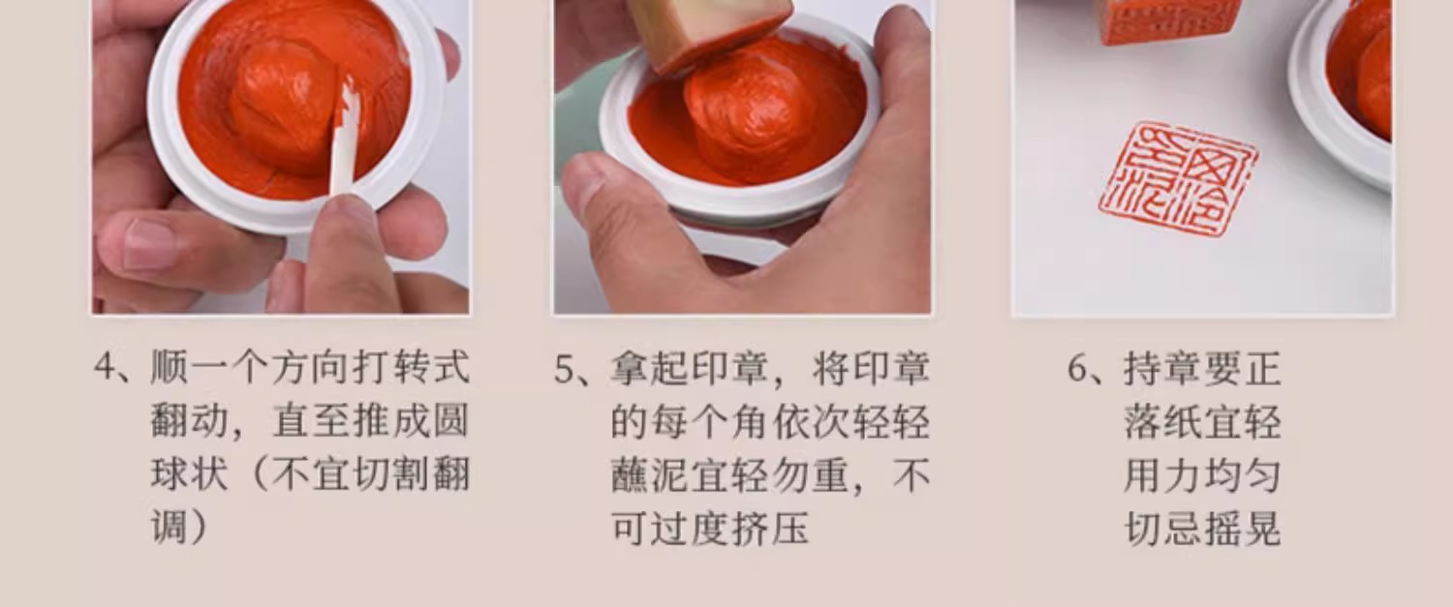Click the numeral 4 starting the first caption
(105, 367)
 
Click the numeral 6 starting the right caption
(1077, 368)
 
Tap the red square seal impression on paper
(1177, 178)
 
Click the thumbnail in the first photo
(148, 241)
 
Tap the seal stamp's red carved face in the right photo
(1166, 19)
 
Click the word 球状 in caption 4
(189, 474)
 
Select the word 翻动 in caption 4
(189, 421)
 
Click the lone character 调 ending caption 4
(170, 528)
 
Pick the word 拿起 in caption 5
(649, 368)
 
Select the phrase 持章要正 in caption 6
(1202, 368)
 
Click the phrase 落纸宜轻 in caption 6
(1202, 422)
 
